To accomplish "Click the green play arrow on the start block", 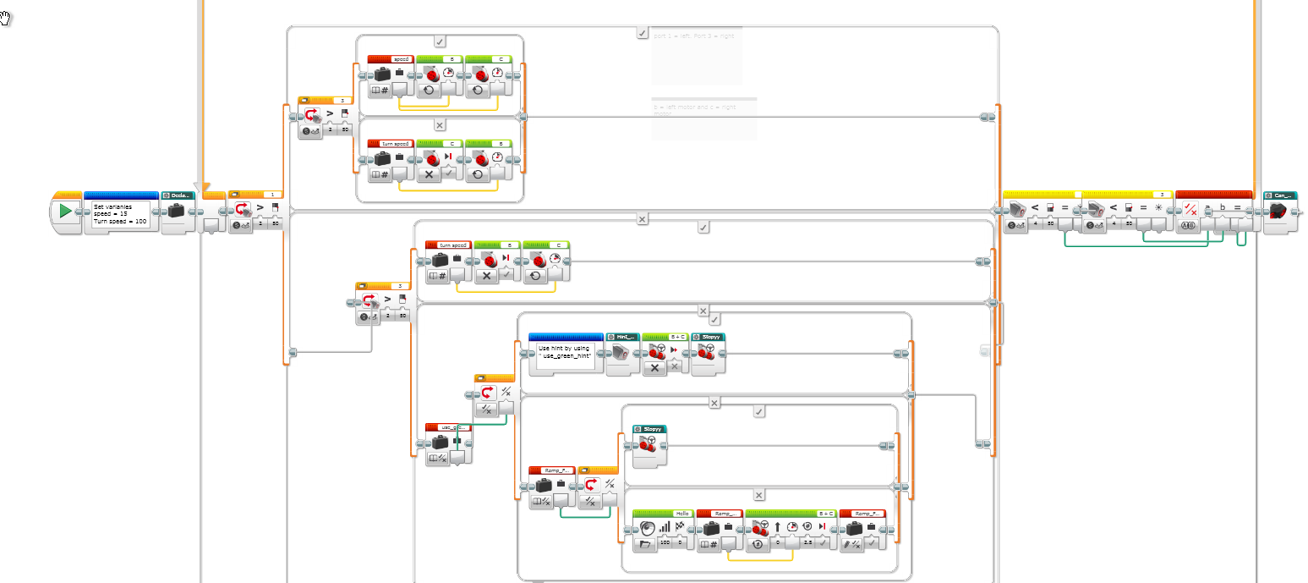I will click(x=65, y=211).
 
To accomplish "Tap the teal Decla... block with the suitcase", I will click(x=177, y=209).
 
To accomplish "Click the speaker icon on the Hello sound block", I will click(x=649, y=527).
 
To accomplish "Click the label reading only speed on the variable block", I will click(x=402, y=59).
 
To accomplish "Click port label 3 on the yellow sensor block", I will click(x=1161, y=195).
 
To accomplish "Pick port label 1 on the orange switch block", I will click(x=271, y=195).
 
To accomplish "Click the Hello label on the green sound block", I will click(x=681, y=514).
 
